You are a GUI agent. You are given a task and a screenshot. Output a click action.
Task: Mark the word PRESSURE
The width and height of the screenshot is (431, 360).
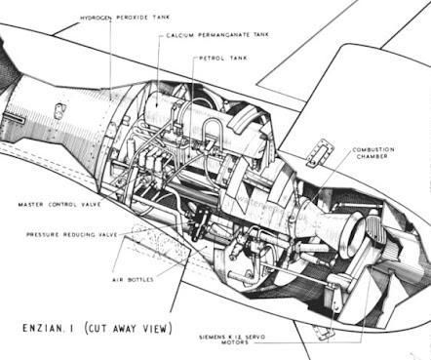pos(47,235)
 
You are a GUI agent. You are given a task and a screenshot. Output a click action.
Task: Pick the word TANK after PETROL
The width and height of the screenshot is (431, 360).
pos(240,58)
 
